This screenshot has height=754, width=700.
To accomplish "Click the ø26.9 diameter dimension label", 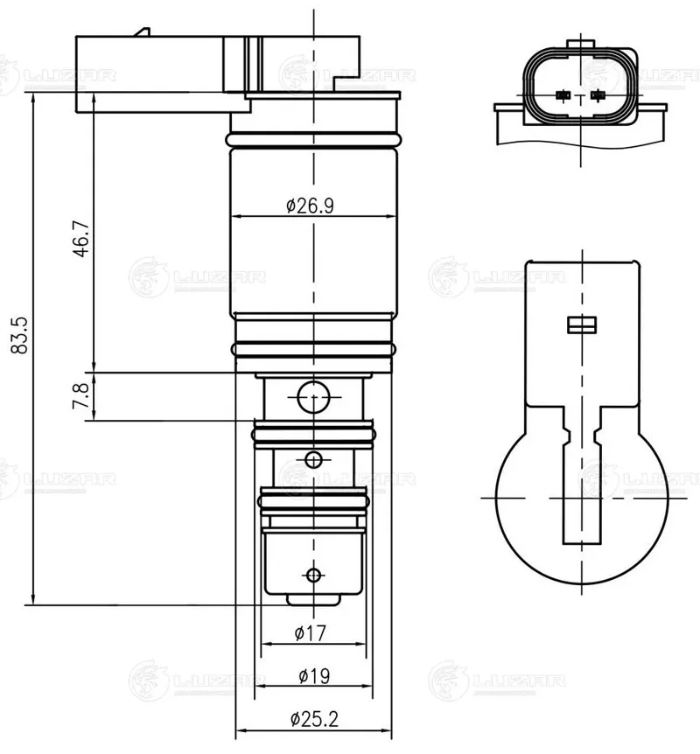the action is coord(310,206).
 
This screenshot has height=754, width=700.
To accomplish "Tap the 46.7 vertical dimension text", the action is coord(80,239).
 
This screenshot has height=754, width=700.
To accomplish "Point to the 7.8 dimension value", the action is coord(80,395).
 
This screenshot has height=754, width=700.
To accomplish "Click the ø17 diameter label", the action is coord(310,632).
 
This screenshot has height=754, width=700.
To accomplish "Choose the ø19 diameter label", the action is coord(314,676).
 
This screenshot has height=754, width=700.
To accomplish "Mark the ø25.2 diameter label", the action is coord(314,719).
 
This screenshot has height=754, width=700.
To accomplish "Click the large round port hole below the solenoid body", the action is coord(313,397).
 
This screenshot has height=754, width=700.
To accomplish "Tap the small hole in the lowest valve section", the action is coord(313,574).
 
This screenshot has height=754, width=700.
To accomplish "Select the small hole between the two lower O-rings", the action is coord(313,460).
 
